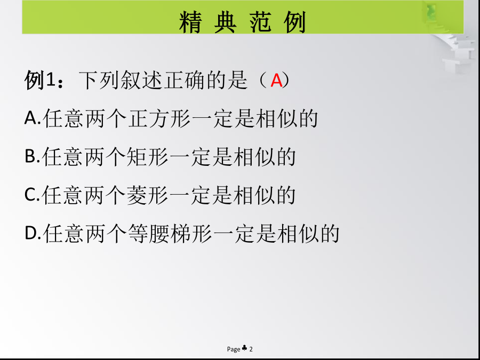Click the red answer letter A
click(276, 81)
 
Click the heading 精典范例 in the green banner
click(243, 22)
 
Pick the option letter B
click(30, 156)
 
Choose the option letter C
click(30, 194)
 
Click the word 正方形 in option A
click(159, 118)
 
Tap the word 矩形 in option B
click(148, 157)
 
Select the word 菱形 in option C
click(148, 195)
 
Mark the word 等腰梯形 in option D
click(170, 234)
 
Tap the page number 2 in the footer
click(251, 349)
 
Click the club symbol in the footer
click(244, 348)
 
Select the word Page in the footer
click(234, 349)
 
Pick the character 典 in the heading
click(225, 22)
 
